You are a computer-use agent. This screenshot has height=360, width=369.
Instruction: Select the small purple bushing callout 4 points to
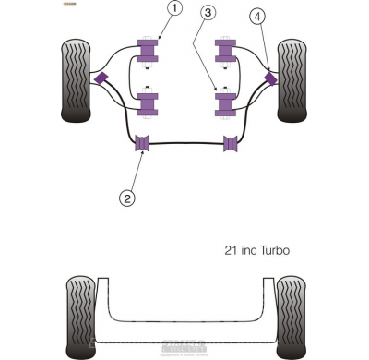point(271,77)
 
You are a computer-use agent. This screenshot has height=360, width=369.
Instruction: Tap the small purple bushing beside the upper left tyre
point(101,78)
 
